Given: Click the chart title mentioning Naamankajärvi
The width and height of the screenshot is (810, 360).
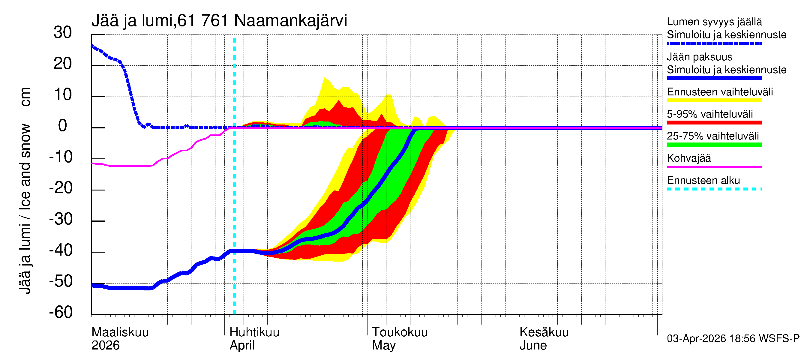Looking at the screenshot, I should pyautogui.click(x=219, y=21).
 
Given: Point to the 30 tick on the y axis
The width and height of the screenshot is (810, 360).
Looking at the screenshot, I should pyautogui.click(x=63, y=32).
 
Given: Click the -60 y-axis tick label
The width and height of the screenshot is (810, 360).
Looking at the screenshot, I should pyautogui.click(x=61, y=312).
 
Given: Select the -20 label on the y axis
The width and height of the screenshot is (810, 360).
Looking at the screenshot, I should pyautogui.click(x=61, y=188).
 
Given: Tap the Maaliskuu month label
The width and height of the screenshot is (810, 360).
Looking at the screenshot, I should pyautogui.click(x=120, y=332).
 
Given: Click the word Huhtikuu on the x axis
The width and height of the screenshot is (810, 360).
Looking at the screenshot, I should pyautogui.click(x=254, y=332).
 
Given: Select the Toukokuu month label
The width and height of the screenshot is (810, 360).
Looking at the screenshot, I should pyautogui.click(x=400, y=332).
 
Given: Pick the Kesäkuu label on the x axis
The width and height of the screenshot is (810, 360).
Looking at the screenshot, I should pyautogui.click(x=544, y=332).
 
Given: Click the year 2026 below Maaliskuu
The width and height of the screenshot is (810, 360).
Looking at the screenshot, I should pyautogui.click(x=105, y=346).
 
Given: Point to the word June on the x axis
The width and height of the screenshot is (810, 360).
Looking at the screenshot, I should pyautogui.click(x=533, y=346).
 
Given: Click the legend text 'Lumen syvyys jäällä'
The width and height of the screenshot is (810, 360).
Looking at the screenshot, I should pyautogui.click(x=714, y=22).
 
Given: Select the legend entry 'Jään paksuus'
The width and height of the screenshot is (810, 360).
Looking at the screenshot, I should pyautogui.click(x=700, y=57).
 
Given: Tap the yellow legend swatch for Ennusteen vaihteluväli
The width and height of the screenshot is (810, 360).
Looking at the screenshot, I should pyautogui.click(x=714, y=100).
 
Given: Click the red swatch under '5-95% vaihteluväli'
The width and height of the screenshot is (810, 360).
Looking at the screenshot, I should pyautogui.click(x=714, y=123).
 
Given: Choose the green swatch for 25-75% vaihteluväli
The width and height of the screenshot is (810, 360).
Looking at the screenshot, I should pyautogui.click(x=714, y=145).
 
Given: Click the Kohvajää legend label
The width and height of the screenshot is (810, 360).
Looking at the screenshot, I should pyautogui.click(x=689, y=158).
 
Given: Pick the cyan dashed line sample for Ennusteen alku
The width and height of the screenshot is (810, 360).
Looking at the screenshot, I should pyautogui.click(x=714, y=189).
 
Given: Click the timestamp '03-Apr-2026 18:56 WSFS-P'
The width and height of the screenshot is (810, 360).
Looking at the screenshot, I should pyautogui.click(x=733, y=339).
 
